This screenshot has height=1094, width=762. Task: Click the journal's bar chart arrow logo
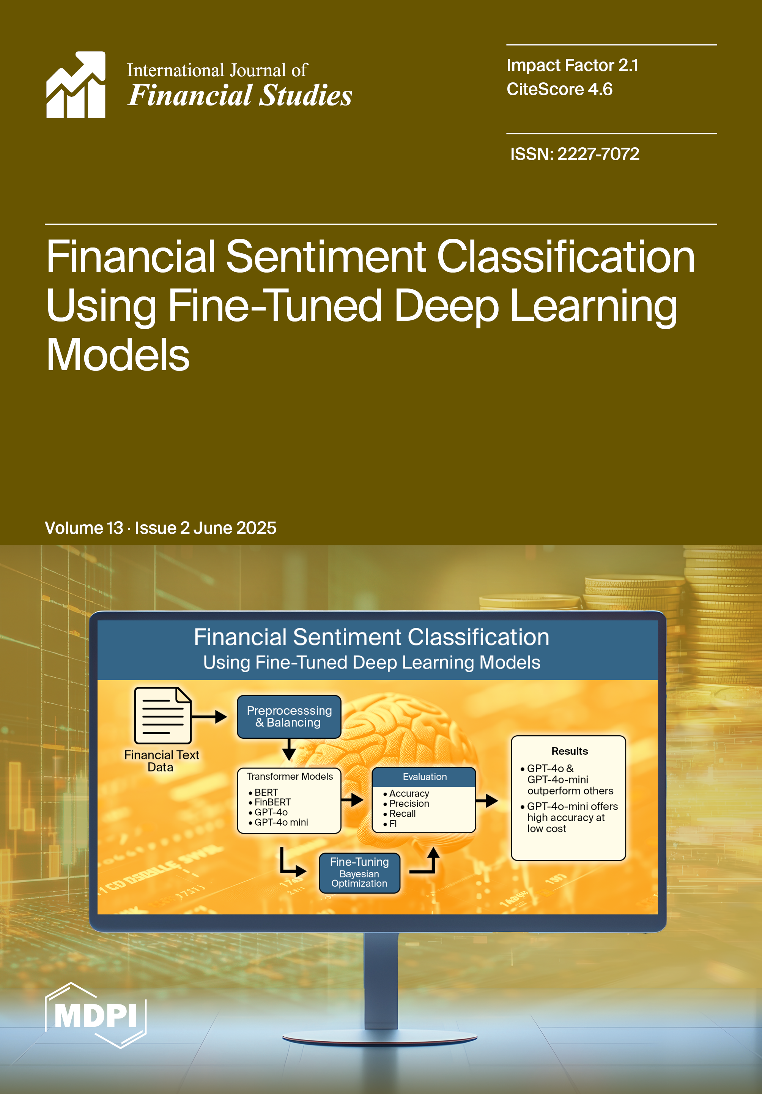point(76,84)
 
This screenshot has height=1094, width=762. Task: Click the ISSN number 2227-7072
point(598,154)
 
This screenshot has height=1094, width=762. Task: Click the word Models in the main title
point(118,355)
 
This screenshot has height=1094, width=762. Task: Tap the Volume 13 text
point(84,528)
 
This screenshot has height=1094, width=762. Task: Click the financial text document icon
point(163,715)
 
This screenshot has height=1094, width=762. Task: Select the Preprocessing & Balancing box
point(289,717)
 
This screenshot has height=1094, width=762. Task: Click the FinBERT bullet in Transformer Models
point(269,802)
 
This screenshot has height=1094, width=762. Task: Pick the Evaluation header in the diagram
point(424,777)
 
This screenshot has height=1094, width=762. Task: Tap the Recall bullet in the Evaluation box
point(400,814)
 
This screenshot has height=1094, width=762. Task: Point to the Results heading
point(570,751)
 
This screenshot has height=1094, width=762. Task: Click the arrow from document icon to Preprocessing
point(209,717)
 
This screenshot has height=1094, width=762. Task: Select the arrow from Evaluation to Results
point(487,801)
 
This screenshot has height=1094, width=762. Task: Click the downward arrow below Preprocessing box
point(289,749)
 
